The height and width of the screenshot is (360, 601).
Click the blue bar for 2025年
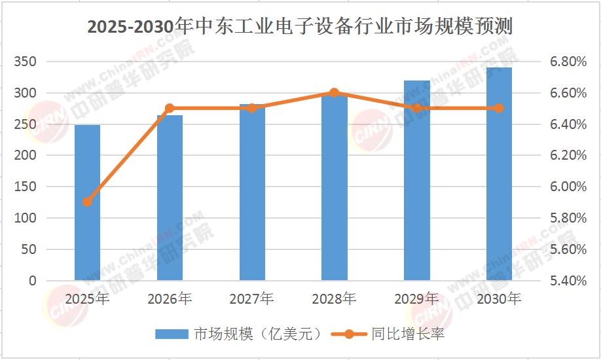(x=87, y=203)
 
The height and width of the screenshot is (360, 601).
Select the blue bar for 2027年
(x=252, y=192)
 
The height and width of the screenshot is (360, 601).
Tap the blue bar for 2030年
(x=499, y=174)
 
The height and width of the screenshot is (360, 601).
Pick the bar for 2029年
(x=416, y=181)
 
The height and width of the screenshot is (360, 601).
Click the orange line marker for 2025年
(x=87, y=202)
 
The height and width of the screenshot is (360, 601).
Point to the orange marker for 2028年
(x=334, y=92)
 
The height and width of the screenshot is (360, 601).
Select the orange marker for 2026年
(x=170, y=108)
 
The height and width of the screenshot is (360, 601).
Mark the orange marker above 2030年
(x=499, y=108)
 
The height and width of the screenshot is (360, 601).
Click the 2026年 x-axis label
(x=170, y=299)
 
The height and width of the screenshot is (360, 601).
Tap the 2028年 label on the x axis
(x=334, y=299)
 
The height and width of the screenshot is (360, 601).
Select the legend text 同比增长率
(x=408, y=334)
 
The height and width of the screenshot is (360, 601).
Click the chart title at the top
(x=300, y=27)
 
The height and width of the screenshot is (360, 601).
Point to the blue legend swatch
(x=172, y=334)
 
